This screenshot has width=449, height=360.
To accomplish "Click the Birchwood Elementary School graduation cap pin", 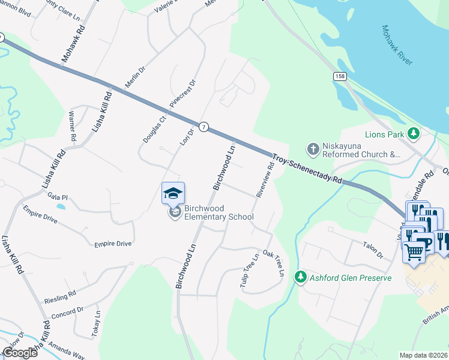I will point(173,194).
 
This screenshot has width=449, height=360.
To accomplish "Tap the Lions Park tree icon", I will point(413,133).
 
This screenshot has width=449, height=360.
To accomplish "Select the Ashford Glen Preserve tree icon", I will point(300,277).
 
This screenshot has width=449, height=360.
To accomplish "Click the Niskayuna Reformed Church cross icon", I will point(312,148).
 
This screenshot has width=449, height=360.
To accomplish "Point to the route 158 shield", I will point(340,77).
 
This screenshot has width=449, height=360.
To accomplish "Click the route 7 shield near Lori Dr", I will point(205,127).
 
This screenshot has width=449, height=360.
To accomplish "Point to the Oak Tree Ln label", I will point(273,263).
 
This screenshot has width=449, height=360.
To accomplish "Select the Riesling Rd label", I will point(60,296).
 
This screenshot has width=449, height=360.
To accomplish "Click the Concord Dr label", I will point(67,312).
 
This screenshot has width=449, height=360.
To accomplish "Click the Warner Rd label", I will point(73,126).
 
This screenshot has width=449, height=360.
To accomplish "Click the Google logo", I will point(19,352).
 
